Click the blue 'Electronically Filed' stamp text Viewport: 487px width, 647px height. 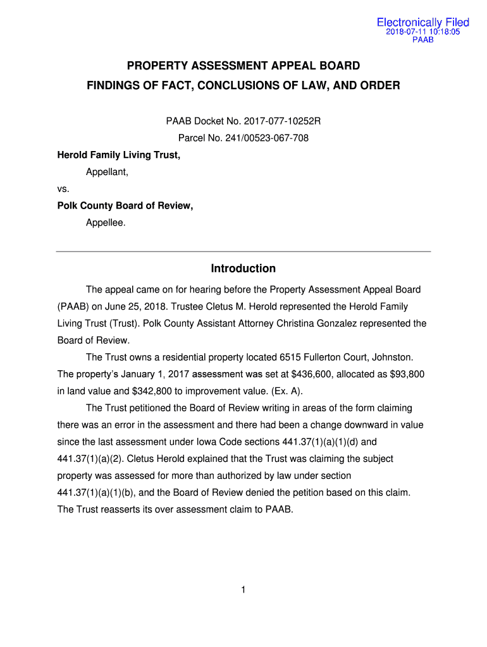click(x=423, y=23)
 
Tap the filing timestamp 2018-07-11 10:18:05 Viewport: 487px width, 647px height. click(x=423, y=32)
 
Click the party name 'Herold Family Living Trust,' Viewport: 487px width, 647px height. click(x=119, y=154)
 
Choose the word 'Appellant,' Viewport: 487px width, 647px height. click(x=107, y=171)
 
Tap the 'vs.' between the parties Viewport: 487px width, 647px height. click(x=63, y=188)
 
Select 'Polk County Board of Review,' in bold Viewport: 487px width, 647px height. click(x=125, y=205)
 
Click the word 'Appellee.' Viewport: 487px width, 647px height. click(x=106, y=222)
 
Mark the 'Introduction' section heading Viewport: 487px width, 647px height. click(x=244, y=269)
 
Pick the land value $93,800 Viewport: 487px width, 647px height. click(x=404, y=375)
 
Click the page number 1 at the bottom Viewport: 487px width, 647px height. click(x=244, y=590)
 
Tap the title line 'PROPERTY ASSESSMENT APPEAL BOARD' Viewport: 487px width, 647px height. click(x=244, y=66)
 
